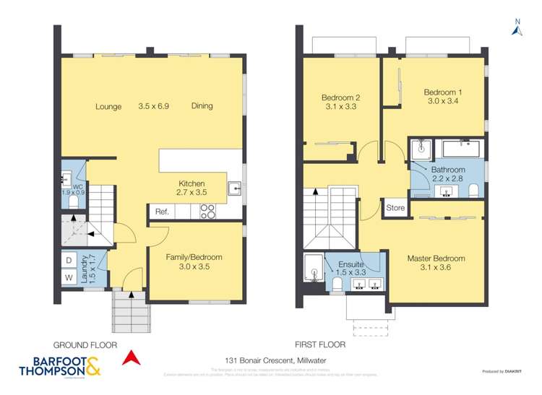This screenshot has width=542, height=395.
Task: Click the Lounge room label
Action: [x=108, y=106]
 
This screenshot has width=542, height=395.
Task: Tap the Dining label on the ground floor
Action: [x=202, y=106]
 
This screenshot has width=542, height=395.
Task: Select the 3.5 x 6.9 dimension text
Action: [x=153, y=106]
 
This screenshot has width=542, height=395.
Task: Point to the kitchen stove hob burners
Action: [x=207, y=211]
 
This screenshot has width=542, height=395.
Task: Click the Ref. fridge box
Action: [x=161, y=212]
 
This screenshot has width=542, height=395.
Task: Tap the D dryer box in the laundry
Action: [x=69, y=259]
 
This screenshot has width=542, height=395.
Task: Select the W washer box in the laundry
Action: [x=69, y=277]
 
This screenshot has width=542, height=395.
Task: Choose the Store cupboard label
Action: [x=395, y=208]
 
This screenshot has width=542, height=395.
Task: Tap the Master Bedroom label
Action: [x=436, y=258]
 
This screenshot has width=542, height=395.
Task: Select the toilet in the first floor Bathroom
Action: [x=474, y=190]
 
